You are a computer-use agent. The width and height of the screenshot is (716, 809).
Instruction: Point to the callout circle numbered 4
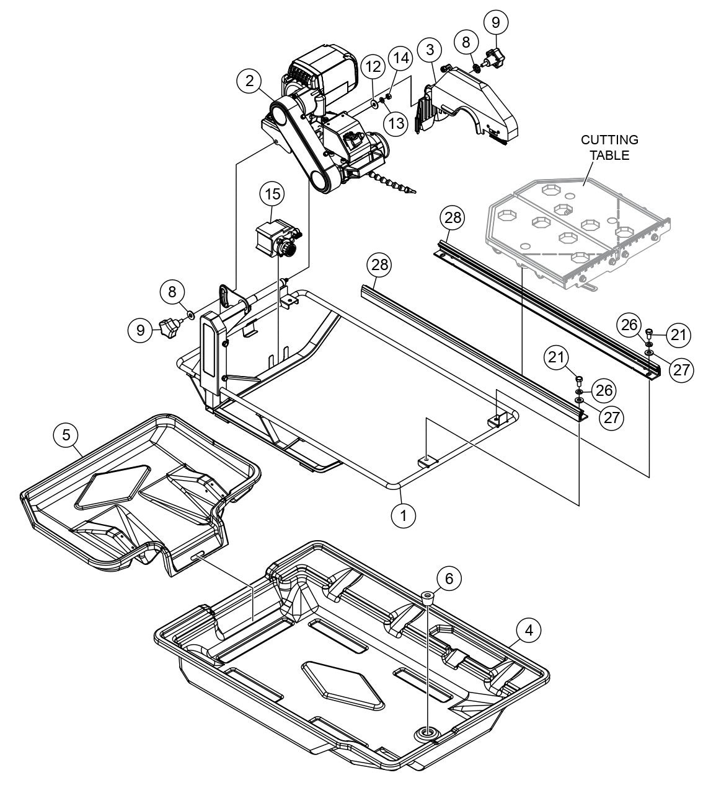tap(528, 630)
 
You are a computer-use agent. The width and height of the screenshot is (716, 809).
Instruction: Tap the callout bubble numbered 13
tap(396, 122)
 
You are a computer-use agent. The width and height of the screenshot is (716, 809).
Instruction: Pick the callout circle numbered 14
tap(400, 59)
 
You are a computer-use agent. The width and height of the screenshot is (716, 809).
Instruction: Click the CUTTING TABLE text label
tap(609, 147)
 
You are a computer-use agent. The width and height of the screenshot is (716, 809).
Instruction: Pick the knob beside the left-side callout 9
tap(169, 326)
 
